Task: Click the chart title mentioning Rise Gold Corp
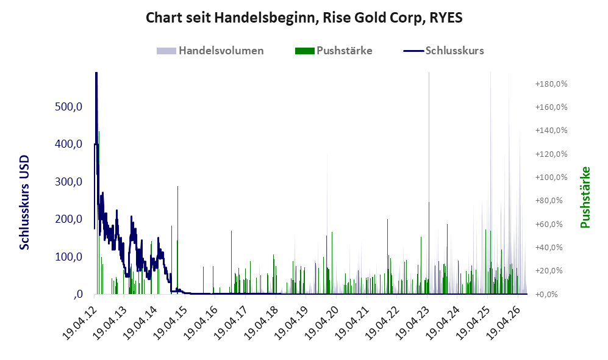point(304,18)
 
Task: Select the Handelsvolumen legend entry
point(210,51)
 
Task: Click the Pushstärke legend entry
point(334,51)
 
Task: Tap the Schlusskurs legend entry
point(443,51)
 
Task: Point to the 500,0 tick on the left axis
point(69,106)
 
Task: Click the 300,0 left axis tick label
point(69,182)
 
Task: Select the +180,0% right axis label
point(551,84)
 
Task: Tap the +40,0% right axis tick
point(549,248)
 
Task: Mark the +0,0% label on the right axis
point(547,295)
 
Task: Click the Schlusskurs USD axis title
point(24,203)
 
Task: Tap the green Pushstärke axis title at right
point(585,197)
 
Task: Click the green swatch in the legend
point(305,51)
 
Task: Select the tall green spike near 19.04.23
point(429,248)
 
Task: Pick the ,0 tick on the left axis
point(77,294)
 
